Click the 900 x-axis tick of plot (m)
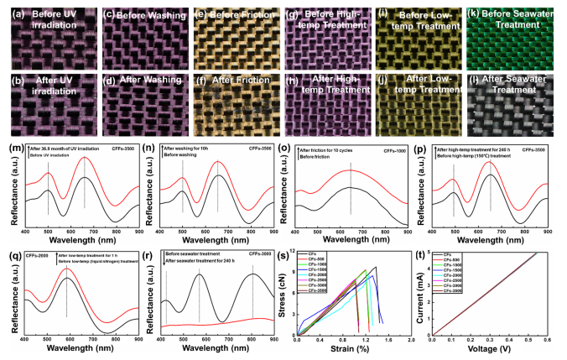tap(135, 232)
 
